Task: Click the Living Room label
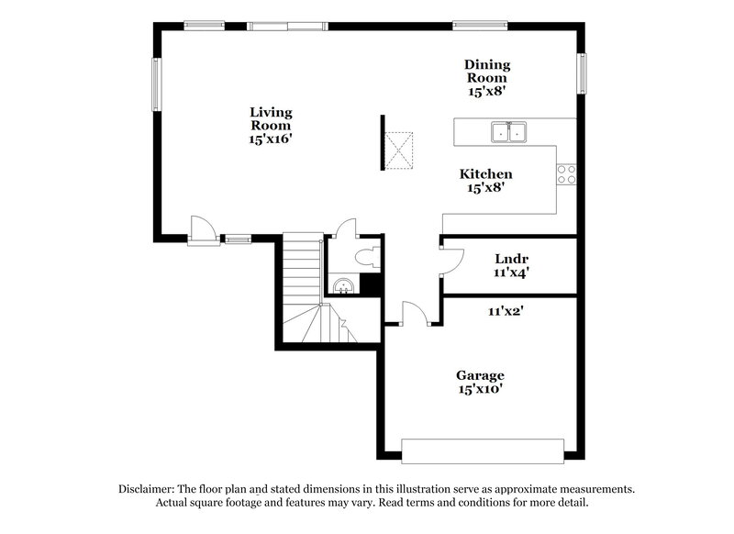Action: click(x=271, y=118)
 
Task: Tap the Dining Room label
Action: click(x=486, y=71)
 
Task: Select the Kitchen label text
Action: click(x=485, y=173)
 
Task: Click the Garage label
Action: click(x=480, y=375)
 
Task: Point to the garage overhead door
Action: click(x=483, y=451)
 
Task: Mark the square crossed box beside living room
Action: click(x=399, y=150)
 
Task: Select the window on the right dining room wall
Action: click(x=581, y=72)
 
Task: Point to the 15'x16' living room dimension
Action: click(x=271, y=139)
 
